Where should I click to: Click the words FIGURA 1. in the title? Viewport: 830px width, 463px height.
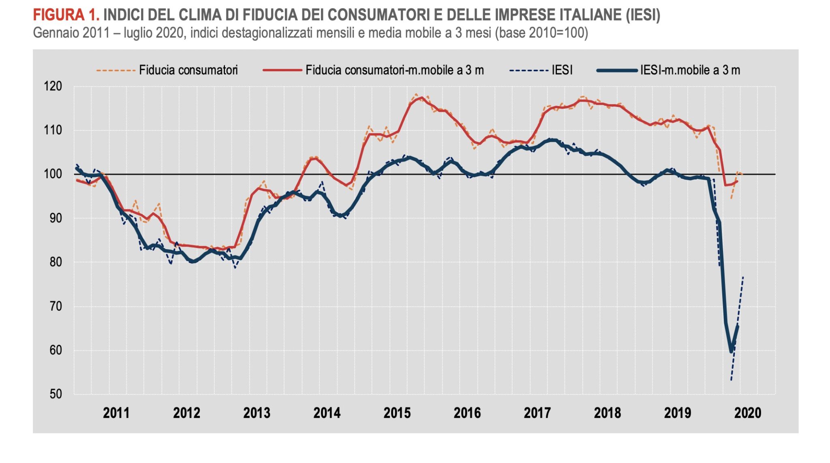[x=66, y=15]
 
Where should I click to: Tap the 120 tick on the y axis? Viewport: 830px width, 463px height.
[x=53, y=86]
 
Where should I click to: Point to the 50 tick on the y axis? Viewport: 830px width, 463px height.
[x=56, y=394]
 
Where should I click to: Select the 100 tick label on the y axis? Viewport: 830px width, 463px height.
[x=53, y=174]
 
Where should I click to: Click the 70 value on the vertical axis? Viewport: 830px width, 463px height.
[x=56, y=306]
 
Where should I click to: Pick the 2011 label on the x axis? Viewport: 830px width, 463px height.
[x=116, y=413]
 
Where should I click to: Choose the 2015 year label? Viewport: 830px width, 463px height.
[x=397, y=413]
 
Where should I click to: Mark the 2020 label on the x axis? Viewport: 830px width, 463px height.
[x=748, y=413]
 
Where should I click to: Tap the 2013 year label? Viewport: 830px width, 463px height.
[x=257, y=413]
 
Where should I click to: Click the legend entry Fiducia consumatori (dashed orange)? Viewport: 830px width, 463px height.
[x=188, y=70]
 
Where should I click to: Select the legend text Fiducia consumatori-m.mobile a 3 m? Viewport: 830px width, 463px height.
[x=394, y=70]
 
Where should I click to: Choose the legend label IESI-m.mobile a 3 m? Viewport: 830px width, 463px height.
[x=690, y=70]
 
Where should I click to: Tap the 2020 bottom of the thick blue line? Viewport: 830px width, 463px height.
[x=732, y=352]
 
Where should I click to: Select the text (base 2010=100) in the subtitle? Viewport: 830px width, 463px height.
[x=541, y=32]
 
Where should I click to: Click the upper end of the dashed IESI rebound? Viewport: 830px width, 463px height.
[x=743, y=277]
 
